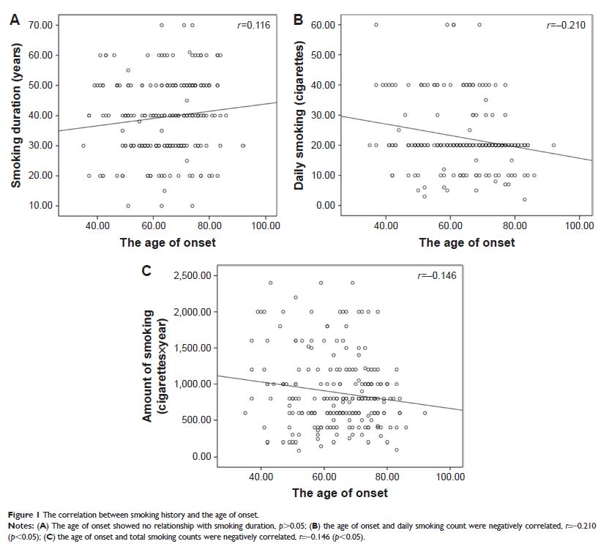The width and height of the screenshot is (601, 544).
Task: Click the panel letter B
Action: coord(298,21)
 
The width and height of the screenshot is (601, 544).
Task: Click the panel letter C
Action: coord(146,271)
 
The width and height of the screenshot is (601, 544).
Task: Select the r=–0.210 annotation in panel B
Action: coord(567,26)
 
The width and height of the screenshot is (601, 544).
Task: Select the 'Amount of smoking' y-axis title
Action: coord(148,365)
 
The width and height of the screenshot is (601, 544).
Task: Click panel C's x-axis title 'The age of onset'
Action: coord(340,493)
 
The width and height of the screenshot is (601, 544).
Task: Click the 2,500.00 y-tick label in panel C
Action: coord(194,276)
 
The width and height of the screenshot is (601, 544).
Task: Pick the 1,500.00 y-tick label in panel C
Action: coord(194,348)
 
